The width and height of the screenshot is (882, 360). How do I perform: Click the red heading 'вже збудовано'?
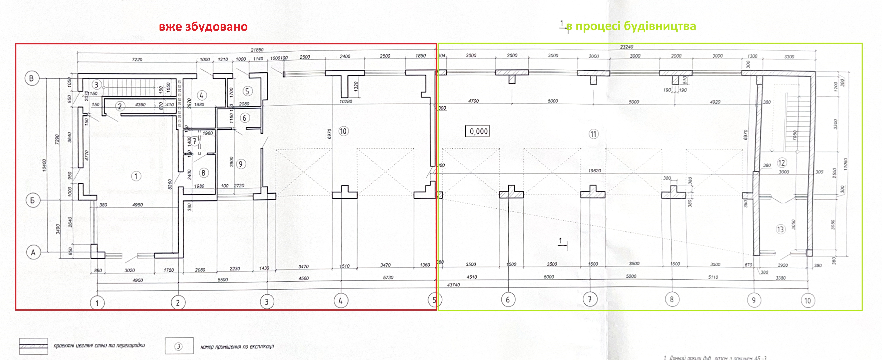[x=203, y=27]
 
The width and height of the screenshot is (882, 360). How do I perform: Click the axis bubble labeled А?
[x=33, y=253]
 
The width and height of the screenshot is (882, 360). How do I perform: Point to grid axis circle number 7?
[x=590, y=299]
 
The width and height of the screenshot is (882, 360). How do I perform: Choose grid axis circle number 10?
[x=808, y=301]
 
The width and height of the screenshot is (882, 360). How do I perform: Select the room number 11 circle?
[x=593, y=134]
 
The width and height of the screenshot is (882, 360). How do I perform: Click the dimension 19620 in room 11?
[x=595, y=171]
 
